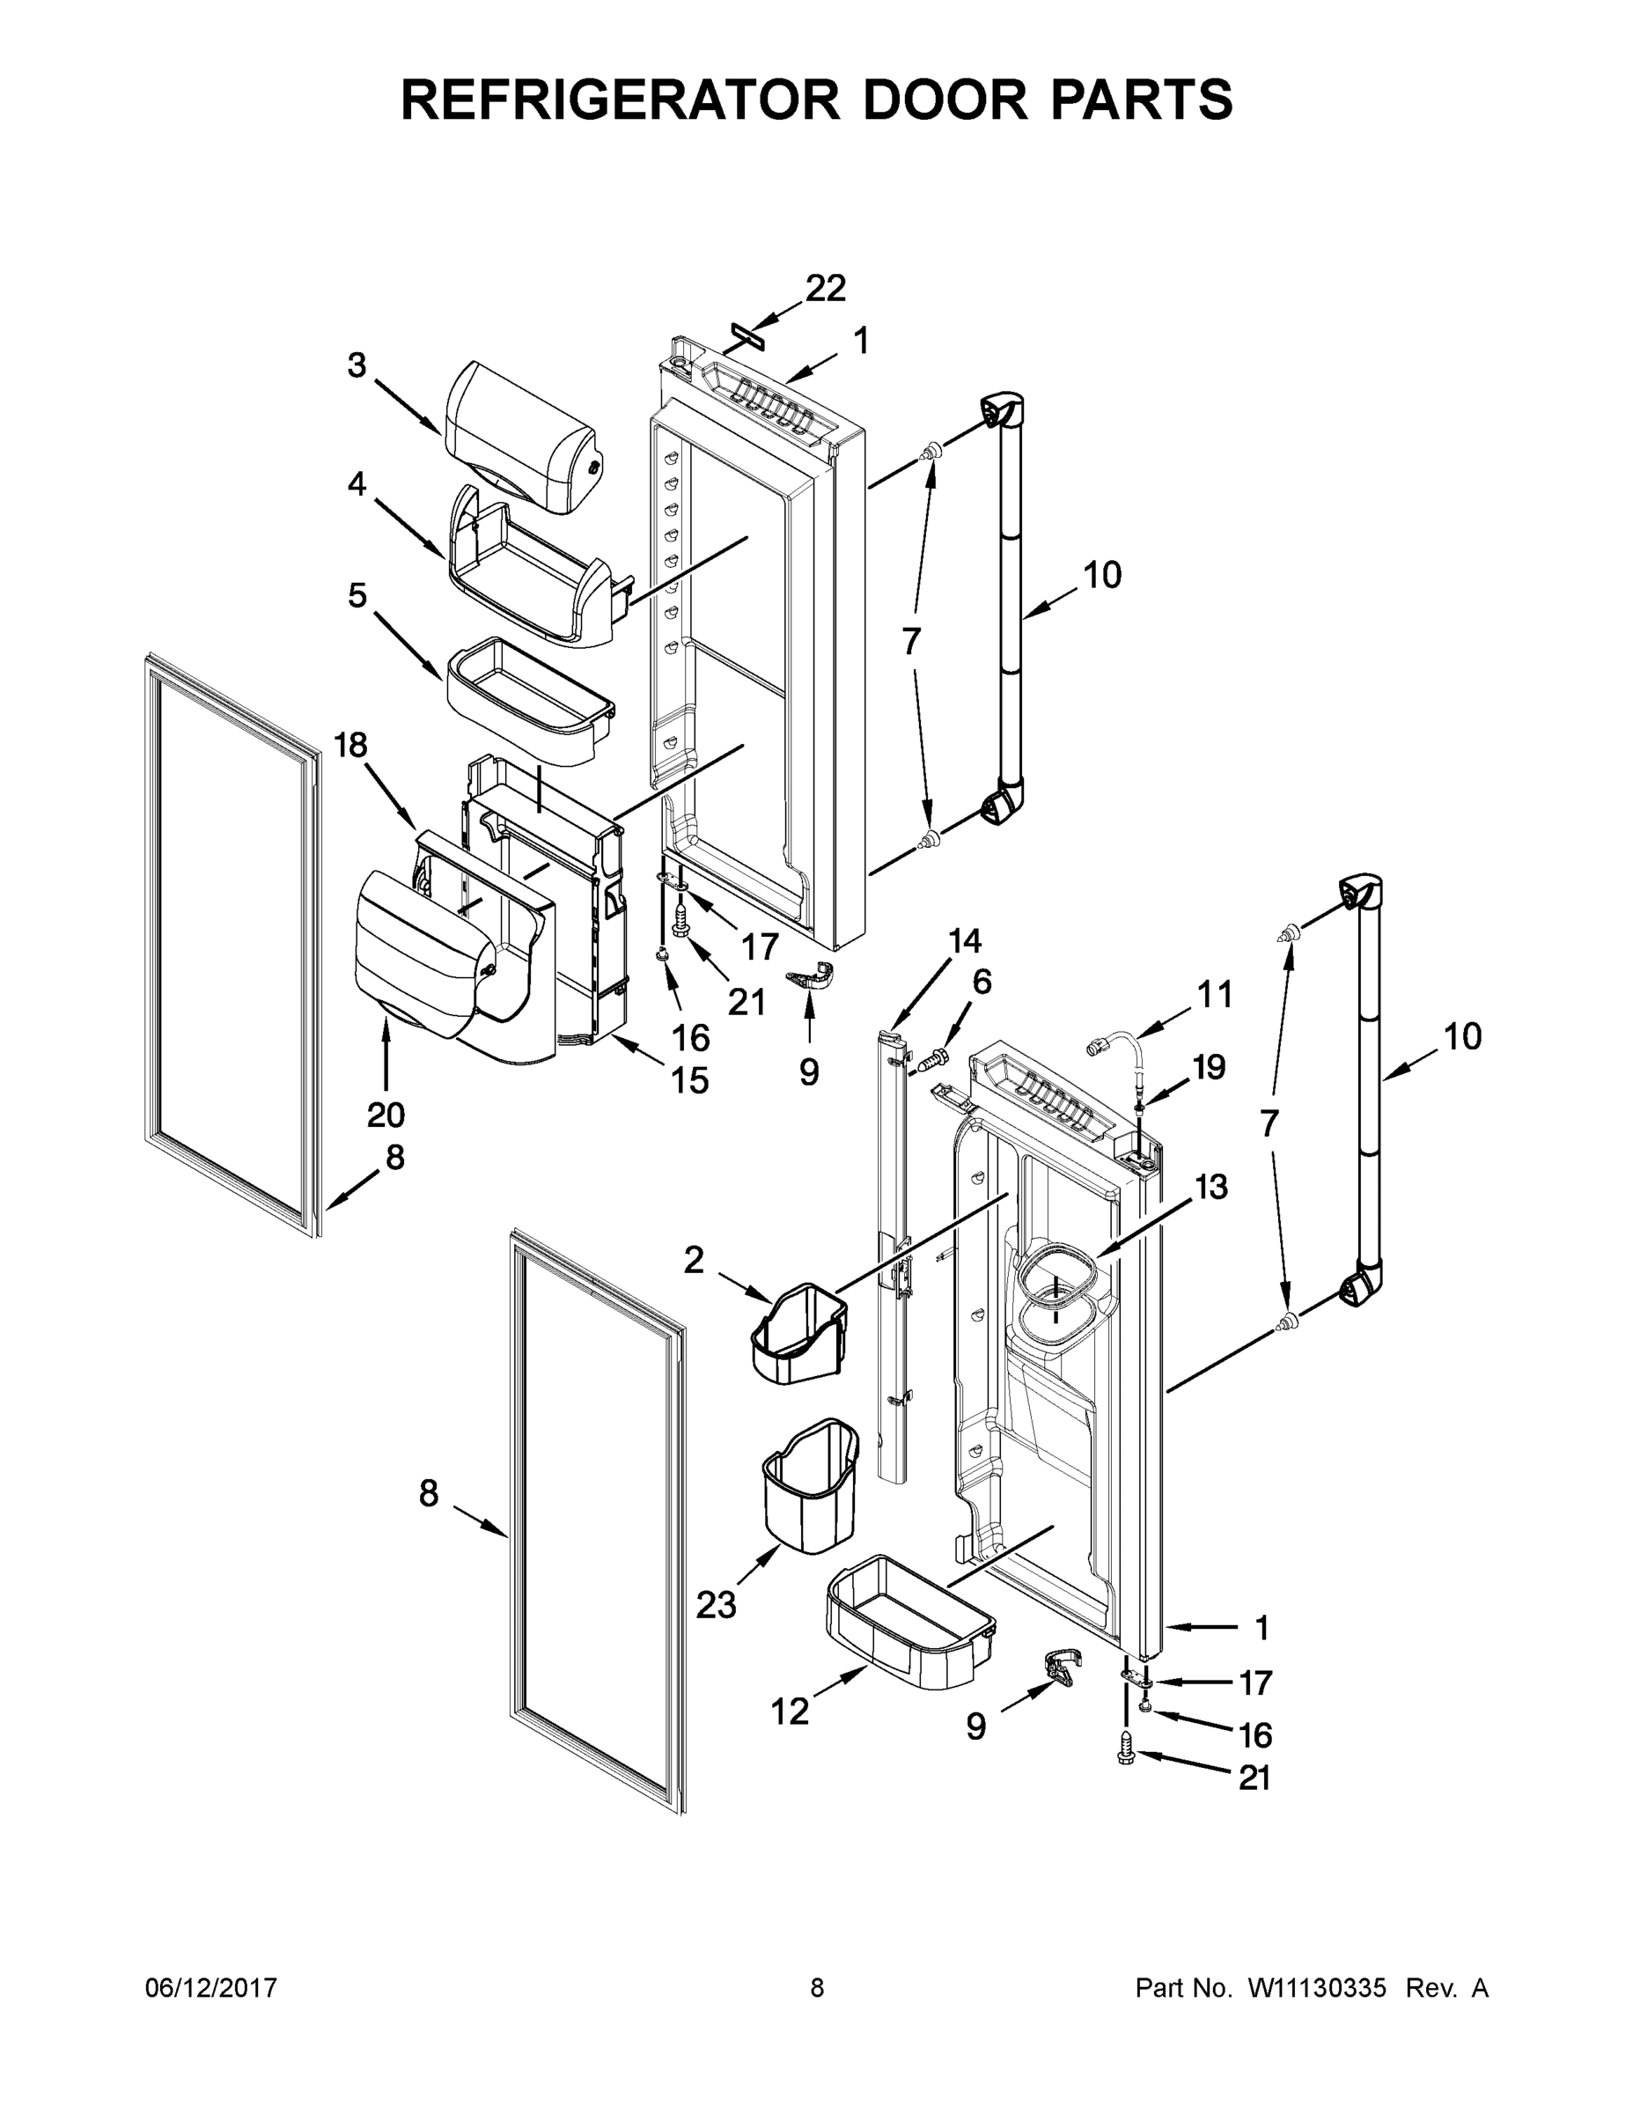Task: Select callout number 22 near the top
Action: (x=825, y=287)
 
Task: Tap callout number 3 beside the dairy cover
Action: (x=357, y=365)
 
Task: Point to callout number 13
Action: (x=1210, y=1186)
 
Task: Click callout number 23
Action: (x=716, y=1605)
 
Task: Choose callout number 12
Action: (x=790, y=1712)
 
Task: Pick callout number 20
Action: (x=385, y=1115)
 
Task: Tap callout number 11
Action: (x=1215, y=994)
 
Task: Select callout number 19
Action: (x=1209, y=1066)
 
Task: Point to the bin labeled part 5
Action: (x=530, y=701)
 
